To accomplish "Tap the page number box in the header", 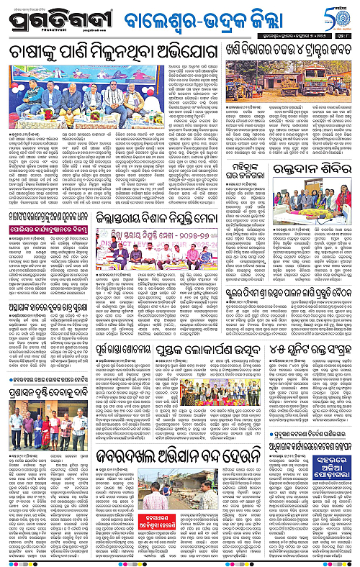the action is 347,32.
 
